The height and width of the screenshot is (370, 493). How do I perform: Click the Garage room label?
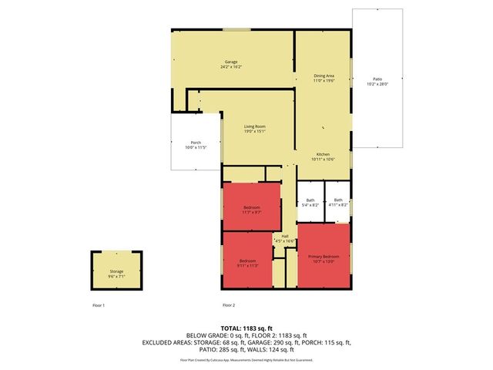click(x=231, y=62)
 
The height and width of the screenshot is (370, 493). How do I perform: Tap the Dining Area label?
click(x=324, y=76)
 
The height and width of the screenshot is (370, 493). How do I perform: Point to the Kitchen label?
click(x=324, y=154)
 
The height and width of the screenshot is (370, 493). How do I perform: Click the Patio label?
click(x=377, y=79)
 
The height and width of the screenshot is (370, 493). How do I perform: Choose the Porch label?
click(x=196, y=143)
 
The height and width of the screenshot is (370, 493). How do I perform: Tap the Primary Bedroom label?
click(x=324, y=256)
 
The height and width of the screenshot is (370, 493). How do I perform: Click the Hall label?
click(x=285, y=236)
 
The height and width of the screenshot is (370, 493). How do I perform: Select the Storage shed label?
click(x=116, y=271)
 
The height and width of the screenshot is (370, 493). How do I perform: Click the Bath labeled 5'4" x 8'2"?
click(x=310, y=200)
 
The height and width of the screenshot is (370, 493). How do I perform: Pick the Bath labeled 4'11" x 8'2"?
click(x=337, y=200)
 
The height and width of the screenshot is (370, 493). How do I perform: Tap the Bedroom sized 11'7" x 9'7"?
click(x=252, y=207)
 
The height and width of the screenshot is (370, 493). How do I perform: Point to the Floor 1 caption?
click(x=98, y=306)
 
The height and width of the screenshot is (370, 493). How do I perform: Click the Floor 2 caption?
click(x=228, y=306)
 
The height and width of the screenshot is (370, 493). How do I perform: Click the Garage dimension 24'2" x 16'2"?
click(x=231, y=67)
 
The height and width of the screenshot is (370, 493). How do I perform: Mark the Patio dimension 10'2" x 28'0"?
click(x=377, y=83)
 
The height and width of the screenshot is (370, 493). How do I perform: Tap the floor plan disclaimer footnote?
click(x=246, y=359)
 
